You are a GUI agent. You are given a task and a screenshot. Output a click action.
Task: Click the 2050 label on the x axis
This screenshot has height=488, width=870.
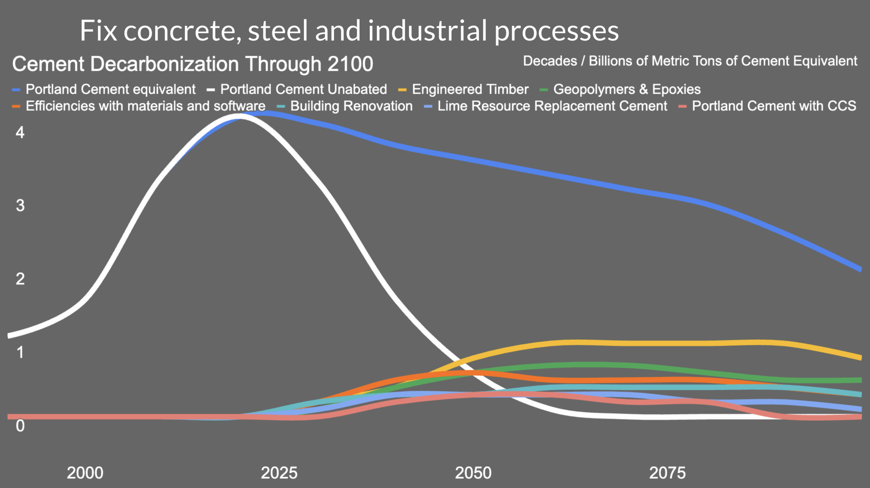click(473, 473)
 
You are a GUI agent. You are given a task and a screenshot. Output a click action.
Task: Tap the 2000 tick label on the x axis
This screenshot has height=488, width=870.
click(85, 473)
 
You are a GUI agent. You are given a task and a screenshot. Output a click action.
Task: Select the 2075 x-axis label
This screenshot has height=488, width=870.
click(667, 473)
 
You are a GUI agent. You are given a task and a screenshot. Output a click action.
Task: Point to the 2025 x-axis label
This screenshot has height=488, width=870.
click(279, 473)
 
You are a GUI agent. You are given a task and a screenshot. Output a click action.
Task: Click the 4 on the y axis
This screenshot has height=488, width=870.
click(20, 133)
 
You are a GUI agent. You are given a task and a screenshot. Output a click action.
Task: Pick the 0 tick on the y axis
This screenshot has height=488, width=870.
click(20, 425)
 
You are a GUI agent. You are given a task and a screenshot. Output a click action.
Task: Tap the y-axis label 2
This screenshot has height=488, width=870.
click(20, 279)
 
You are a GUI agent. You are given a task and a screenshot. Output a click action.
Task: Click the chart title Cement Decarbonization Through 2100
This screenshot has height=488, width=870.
click(193, 64)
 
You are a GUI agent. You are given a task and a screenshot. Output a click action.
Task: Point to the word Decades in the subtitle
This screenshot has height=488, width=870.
click(550, 61)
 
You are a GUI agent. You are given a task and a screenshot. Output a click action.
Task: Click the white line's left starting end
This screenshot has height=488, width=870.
click(9, 336)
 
